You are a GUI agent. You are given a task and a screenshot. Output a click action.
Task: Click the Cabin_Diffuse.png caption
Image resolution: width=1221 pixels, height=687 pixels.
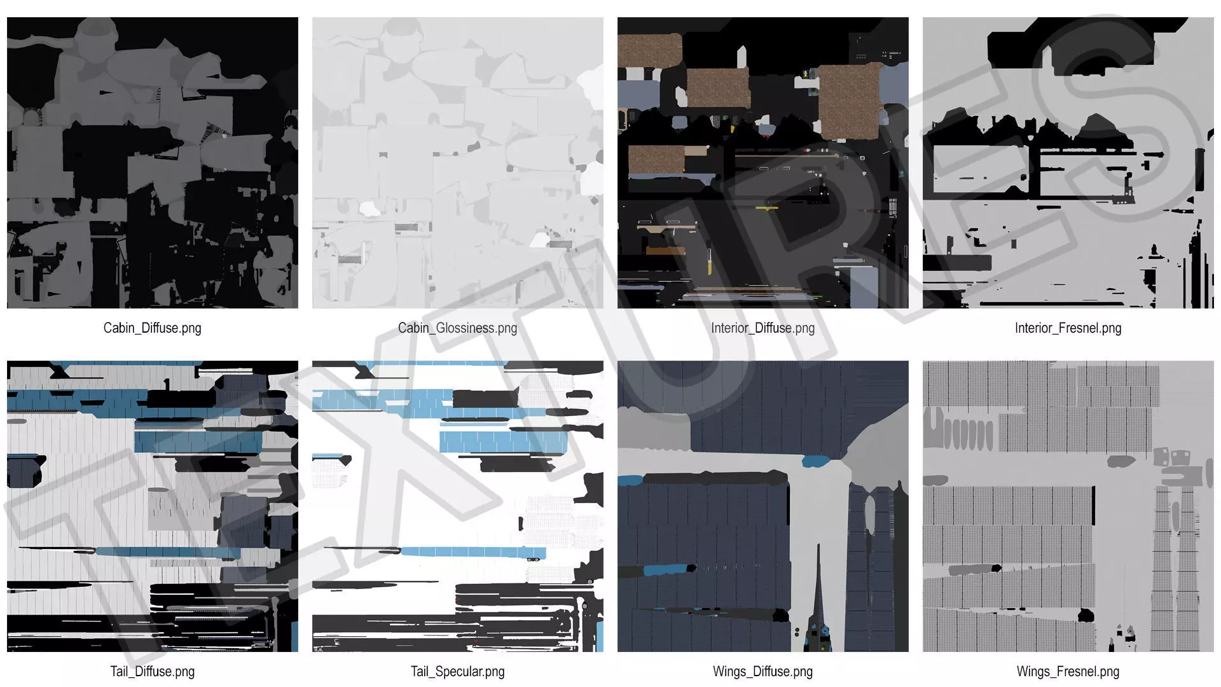point(152,328)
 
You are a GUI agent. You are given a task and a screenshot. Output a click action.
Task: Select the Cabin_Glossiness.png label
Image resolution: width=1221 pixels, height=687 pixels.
point(457,328)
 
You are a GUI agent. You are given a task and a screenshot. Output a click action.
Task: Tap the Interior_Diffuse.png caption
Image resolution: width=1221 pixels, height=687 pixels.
point(762,328)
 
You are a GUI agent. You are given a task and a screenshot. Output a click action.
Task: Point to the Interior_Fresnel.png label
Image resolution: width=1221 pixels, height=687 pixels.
point(1068,328)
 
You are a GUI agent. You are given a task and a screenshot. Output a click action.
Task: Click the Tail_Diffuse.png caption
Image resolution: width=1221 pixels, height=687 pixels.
point(152,672)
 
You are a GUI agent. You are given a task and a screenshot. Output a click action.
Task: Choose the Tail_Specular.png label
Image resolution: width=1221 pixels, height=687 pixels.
point(457,672)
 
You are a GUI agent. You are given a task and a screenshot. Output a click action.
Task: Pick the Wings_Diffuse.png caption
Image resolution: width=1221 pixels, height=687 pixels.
point(762,672)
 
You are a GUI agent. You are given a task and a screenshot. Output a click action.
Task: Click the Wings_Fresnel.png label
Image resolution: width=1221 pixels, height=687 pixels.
point(1068,672)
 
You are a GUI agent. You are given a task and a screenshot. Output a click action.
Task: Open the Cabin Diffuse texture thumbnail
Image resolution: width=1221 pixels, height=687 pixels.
point(153,163)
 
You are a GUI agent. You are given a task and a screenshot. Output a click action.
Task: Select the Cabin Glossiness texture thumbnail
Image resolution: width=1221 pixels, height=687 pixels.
point(458,163)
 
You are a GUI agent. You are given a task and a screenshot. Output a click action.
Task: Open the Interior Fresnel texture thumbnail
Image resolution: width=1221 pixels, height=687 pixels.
point(1068,163)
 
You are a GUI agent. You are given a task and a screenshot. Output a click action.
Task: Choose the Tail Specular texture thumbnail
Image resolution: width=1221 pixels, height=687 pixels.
point(458,506)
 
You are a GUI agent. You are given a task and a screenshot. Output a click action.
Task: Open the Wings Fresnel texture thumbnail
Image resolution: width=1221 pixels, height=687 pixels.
point(1068,506)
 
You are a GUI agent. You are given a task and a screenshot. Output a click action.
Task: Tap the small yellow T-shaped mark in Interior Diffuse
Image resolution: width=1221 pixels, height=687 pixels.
point(767,208)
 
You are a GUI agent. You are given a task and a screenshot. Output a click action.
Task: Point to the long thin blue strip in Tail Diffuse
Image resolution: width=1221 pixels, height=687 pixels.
point(169,552)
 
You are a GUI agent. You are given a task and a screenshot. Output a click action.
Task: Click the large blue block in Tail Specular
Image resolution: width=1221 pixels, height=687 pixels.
point(502,441)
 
